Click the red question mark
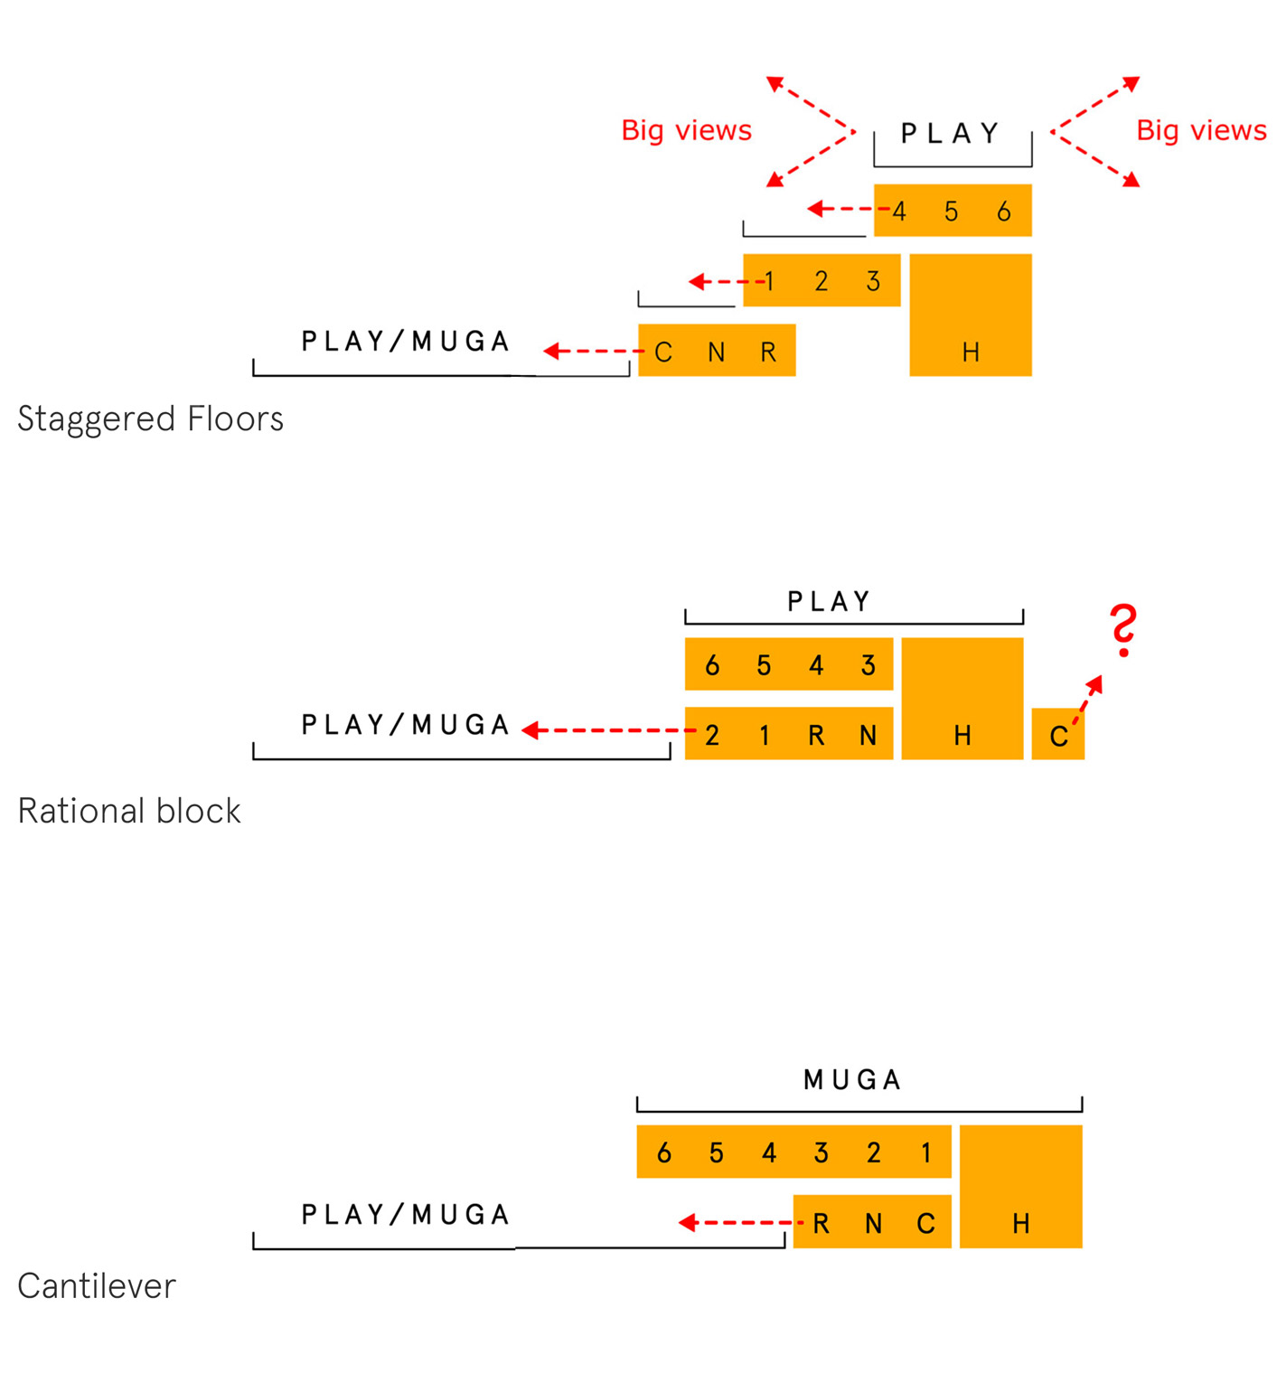click(x=1123, y=630)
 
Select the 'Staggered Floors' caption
click(x=150, y=419)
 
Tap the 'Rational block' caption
click(x=129, y=811)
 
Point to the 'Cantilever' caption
click(x=97, y=1285)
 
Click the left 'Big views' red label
click(x=686, y=131)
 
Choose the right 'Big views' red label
click(x=1201, y=131)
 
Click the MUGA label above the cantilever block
click(x=852, y=1079)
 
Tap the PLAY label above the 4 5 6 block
click(x=950, y=134)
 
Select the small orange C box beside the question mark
click(x=1057, y=735)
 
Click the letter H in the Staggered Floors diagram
click(x=971, y=353)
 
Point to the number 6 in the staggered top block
click(x=1003, y=212)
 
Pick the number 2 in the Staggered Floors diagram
click(x=821, y=282)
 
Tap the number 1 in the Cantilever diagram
click(x=925, y=1153)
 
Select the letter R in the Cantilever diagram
click(x=821, y=1224)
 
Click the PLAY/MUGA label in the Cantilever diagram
click(x=406, y=1215)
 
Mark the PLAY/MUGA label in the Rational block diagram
click(x=406, y=725)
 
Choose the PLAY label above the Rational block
click(x=829, y=602)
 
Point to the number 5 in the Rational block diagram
click(x=764, y=666)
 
